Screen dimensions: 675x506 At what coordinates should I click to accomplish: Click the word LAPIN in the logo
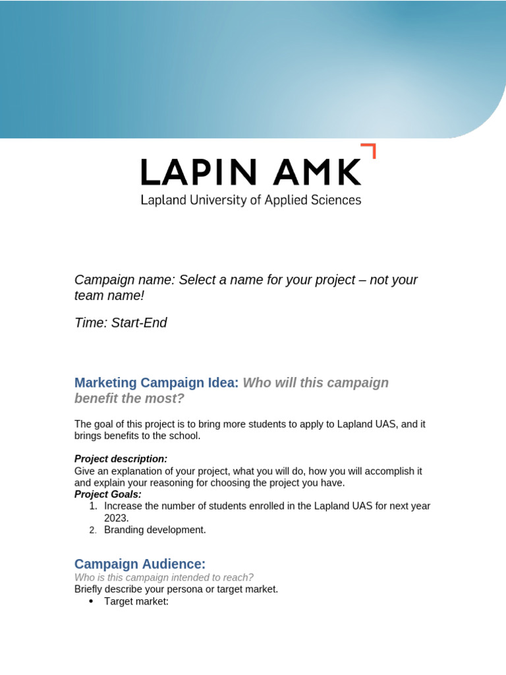[198, 173]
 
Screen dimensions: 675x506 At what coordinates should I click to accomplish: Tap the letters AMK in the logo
[318, 173]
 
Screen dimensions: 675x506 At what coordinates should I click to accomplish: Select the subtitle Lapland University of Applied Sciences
[250, 200]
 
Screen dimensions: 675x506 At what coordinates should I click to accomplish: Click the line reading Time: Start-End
[121, 322]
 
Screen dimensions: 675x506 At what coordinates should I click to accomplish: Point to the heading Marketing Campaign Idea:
[156, 382]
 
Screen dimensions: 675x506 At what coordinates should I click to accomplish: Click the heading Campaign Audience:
[140, 564]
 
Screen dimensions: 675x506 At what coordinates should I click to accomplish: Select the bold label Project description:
[121, 459]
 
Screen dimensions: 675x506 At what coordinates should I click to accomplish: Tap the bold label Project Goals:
[108, 494]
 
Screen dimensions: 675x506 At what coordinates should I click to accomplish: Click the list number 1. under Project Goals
[93, 506]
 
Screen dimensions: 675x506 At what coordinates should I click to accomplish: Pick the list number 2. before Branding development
[93, 530]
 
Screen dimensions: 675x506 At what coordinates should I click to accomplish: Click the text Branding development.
[155, 530]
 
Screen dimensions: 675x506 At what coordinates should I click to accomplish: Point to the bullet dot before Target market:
[91, 602]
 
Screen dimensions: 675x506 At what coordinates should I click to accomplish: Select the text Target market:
[136, 602]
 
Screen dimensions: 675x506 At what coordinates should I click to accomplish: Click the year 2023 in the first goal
[116, 518]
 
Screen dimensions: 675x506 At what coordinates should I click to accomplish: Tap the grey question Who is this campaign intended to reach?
[163, 577]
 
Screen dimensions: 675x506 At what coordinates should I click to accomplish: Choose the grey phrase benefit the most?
[129, 399]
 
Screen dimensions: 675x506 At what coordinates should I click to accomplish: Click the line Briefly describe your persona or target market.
[176, 589]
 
